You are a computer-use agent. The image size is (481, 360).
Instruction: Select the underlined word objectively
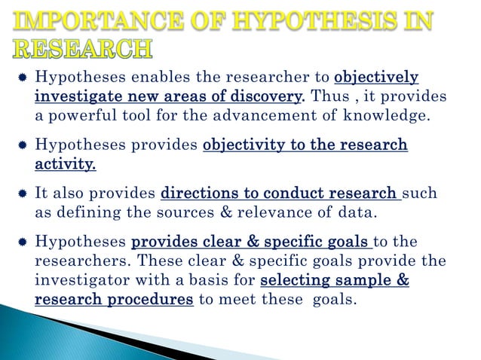[x=375, y=78]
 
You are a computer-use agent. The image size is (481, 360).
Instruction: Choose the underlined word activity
[x=65, y=163]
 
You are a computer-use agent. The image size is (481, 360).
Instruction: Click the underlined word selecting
[x=296, y=281]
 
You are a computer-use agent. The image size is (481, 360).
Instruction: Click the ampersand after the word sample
[x=403, y=281]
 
